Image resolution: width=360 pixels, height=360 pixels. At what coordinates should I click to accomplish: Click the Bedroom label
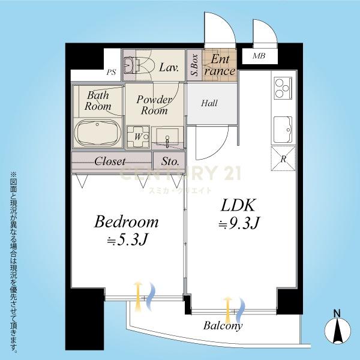tap(126, 222)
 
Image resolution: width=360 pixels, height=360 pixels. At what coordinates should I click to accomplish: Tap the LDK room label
tap(238, 205)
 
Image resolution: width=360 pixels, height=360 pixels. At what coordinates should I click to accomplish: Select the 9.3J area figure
tap(239, 223)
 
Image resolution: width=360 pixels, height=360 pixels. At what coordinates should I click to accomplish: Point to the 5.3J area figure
tap(127, 240)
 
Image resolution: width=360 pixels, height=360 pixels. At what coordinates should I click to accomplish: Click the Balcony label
tap(223, 326)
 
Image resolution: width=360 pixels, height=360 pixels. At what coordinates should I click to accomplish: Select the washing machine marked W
tap(138, 137)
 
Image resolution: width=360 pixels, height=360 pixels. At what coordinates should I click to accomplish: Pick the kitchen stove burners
tap(283, 88)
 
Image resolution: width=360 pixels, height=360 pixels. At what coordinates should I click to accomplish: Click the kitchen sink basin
tap(283, 130)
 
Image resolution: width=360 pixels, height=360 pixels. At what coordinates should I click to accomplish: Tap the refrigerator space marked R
tap(283, 158)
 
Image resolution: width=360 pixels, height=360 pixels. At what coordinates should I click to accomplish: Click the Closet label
tap(110, 161)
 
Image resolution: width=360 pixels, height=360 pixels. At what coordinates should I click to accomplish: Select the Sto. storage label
tap(170, 161)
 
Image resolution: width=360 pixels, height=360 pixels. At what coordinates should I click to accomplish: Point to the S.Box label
tap(194, 65)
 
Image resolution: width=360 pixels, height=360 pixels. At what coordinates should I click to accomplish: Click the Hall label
tap(209, 103)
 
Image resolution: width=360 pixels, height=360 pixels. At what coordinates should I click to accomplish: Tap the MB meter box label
tap(259, 56)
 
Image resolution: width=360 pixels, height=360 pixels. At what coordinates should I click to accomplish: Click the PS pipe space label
tap(111, 73)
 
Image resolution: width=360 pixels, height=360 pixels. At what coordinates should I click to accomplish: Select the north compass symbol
tap(337, 329)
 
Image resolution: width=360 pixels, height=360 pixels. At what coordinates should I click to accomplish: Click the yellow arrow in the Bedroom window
tap(137, 296)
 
